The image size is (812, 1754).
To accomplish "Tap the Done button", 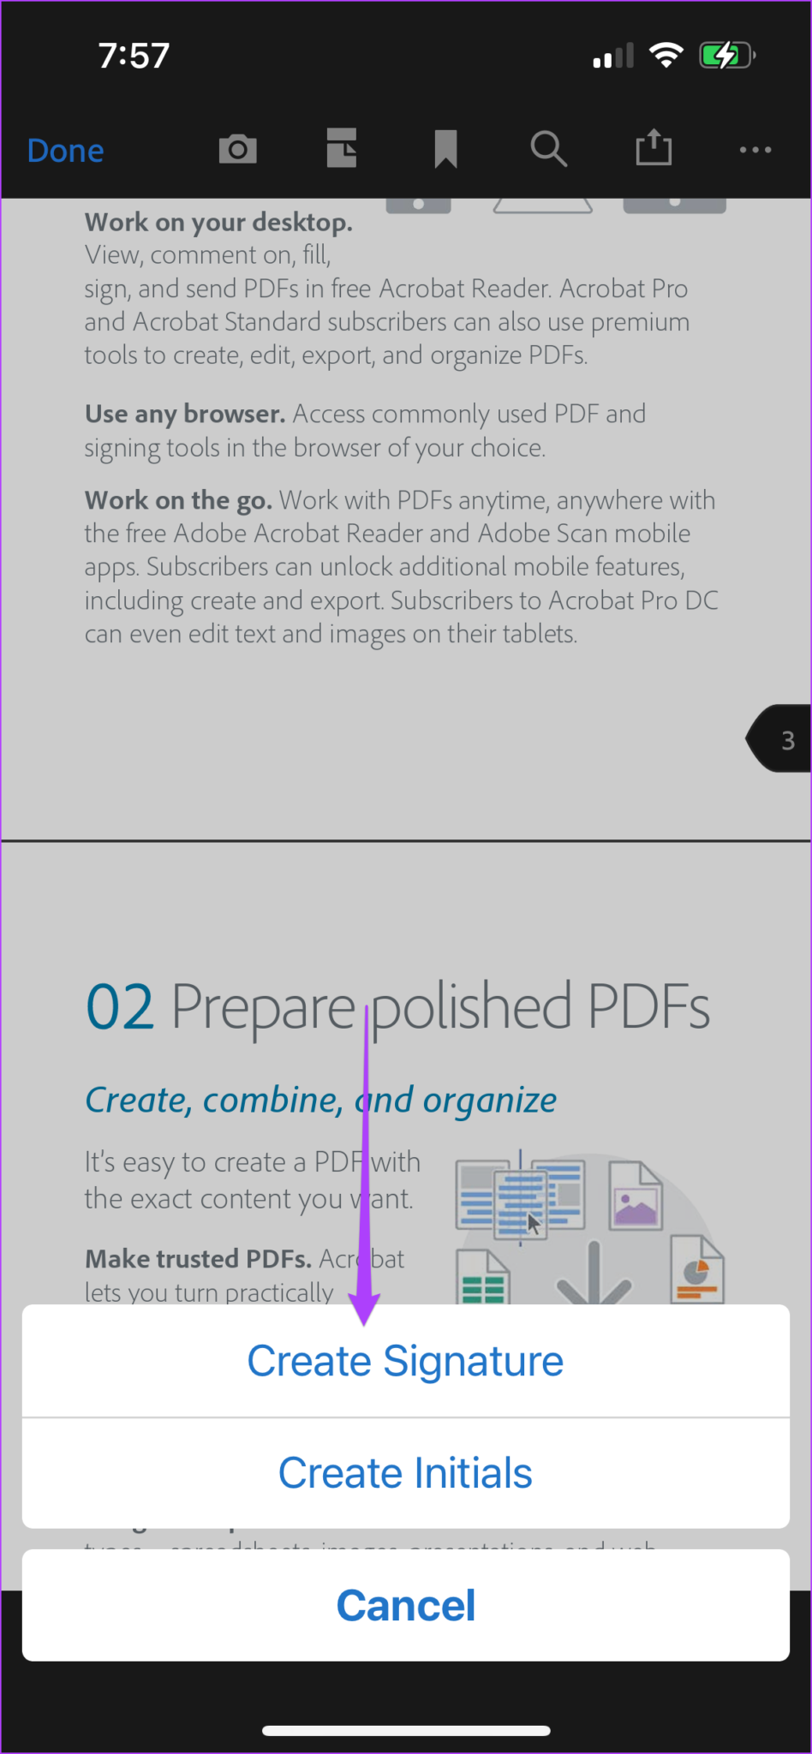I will point(65,151).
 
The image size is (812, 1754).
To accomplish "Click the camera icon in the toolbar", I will point(237,149).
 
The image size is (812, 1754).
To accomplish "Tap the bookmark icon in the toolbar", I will point(445,149).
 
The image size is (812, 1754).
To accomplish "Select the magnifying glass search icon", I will point(548,149).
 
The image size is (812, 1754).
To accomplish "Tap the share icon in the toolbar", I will point(654,147).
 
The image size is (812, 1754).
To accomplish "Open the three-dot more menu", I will point(755,150).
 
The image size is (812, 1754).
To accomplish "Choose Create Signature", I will point(405,1361).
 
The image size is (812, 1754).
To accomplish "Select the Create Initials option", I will point(405,1473).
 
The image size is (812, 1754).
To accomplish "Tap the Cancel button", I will point(405,1606).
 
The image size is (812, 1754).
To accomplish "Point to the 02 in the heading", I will point(120,1007).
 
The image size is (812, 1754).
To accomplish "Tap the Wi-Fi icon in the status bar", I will point(666,55).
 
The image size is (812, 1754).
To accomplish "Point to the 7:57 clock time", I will point(134,56).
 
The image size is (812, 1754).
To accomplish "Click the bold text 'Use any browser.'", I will point(184,415).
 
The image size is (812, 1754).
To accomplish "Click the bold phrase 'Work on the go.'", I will point(178,500).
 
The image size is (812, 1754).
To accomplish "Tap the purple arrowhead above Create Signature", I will point(365,1306).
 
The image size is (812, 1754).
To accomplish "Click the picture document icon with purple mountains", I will point(636,1196).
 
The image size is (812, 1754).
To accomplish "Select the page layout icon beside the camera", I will point(342,148).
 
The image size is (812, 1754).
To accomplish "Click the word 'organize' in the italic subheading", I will point(489,1101).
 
